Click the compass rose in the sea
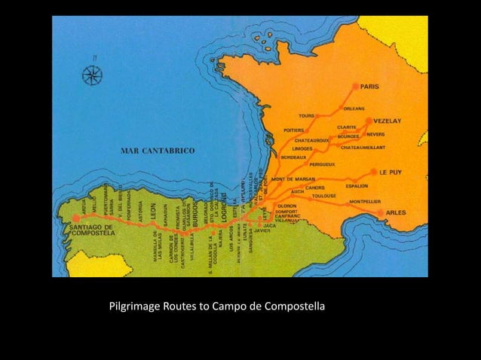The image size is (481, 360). tap(92, 74)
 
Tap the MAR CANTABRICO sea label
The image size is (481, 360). tap(158, 151)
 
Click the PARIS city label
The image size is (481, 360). tap(370, 87)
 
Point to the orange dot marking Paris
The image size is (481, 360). tap(356, 87)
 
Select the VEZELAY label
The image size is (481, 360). tap(390, 120)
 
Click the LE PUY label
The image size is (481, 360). tap(391, 172)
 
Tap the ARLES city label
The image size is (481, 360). tap(396, 213)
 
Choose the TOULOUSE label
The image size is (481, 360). tap(323, 196)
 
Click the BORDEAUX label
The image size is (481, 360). tap(293, 157)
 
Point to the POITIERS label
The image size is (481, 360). tap(294, 130)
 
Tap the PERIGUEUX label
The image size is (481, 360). tap(322, 163)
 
